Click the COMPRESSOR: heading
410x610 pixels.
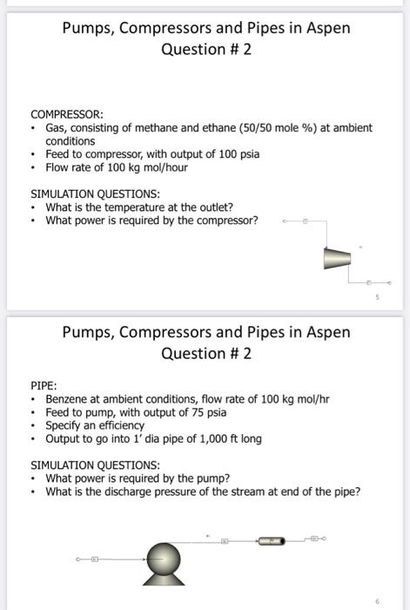point(67,114)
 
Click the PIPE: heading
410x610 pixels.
point(44,383)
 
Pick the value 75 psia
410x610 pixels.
point(205,412)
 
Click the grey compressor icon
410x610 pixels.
point(336,258)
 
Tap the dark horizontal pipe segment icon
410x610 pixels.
point(271,541)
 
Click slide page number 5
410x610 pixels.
point(378,297)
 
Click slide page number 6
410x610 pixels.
point(378,600)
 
